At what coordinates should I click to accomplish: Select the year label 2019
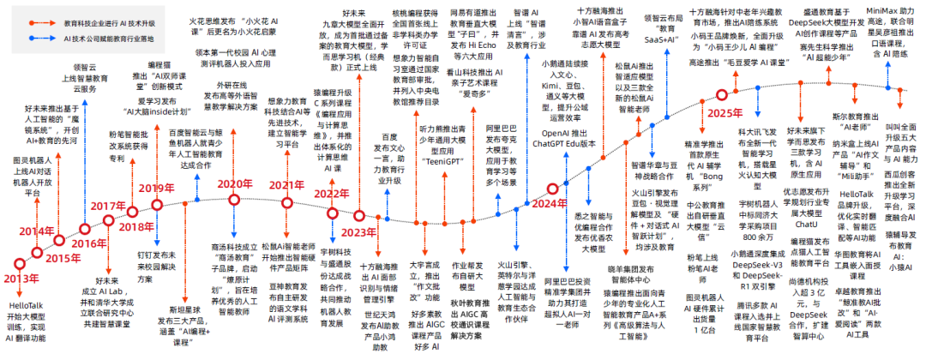click(157, 189)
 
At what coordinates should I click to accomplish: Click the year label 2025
click(725, 113)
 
